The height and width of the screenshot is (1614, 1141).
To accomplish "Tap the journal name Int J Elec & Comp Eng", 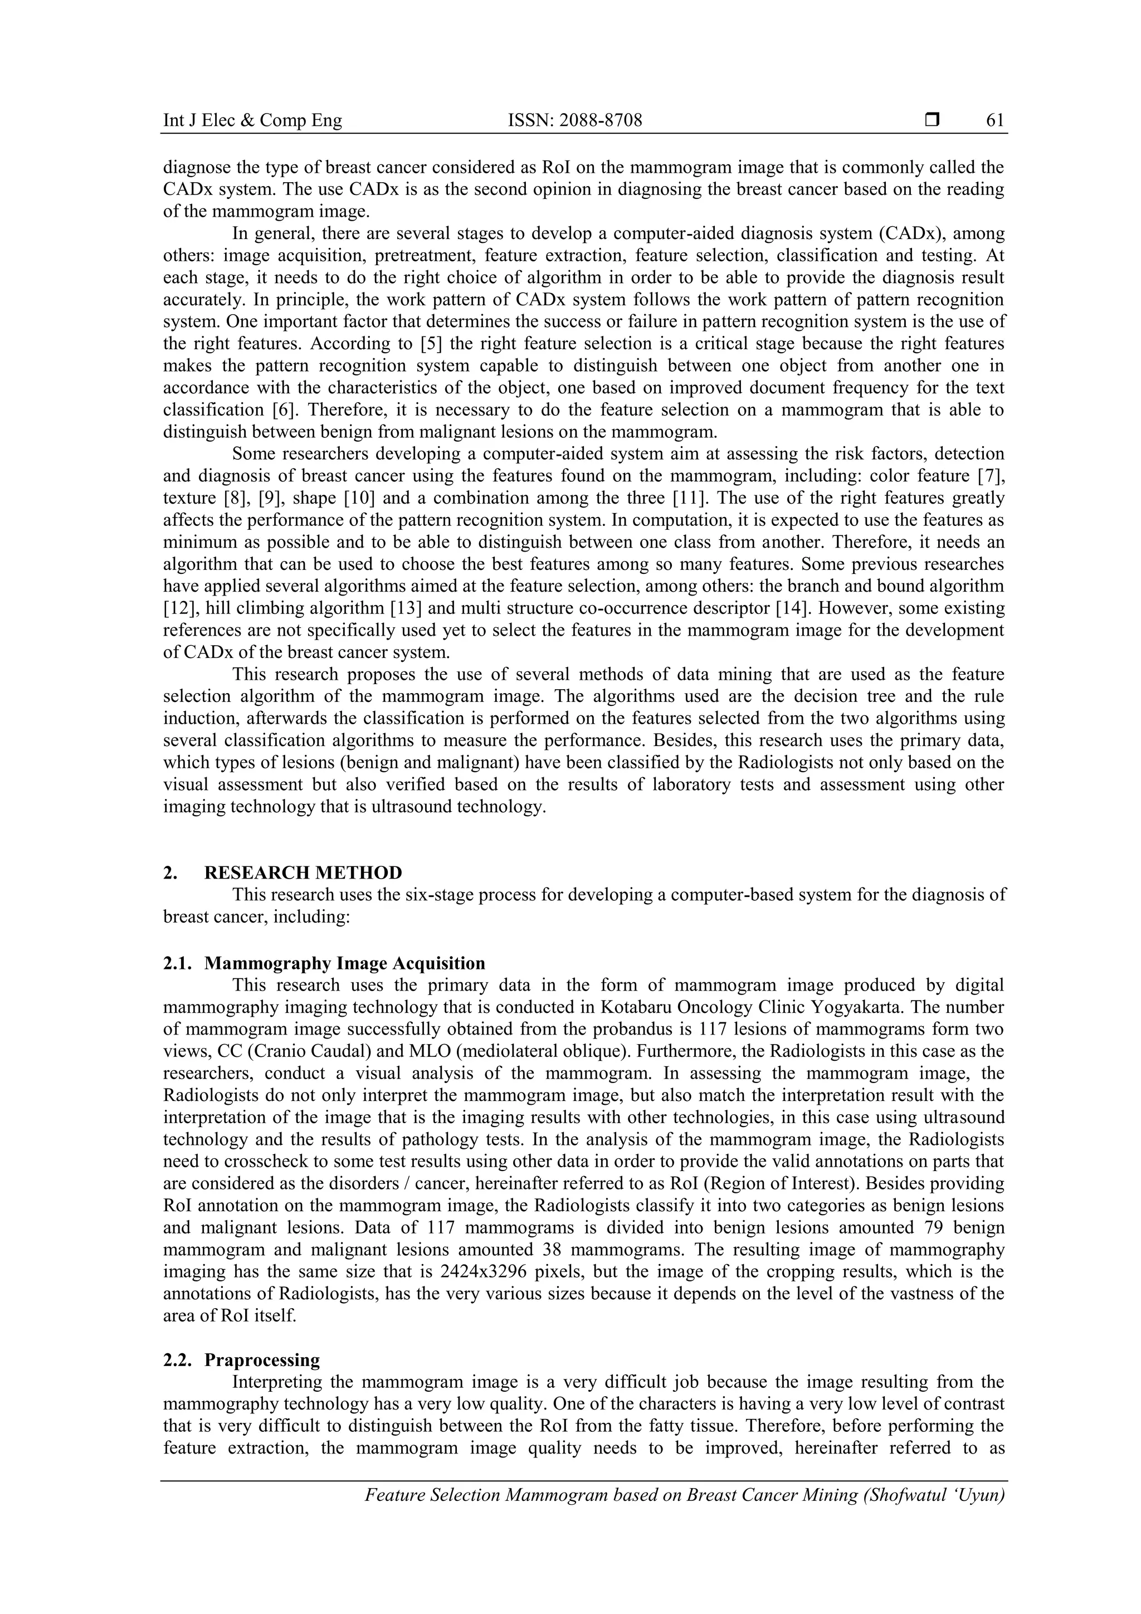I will coord(252,121).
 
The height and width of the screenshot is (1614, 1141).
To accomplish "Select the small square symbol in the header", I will coord(932,120).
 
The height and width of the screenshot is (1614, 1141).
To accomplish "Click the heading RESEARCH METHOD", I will coord(303,872).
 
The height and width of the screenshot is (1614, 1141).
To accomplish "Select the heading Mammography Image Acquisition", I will coord(344,963).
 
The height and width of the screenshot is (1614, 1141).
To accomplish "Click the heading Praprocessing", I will coord(261,1361).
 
